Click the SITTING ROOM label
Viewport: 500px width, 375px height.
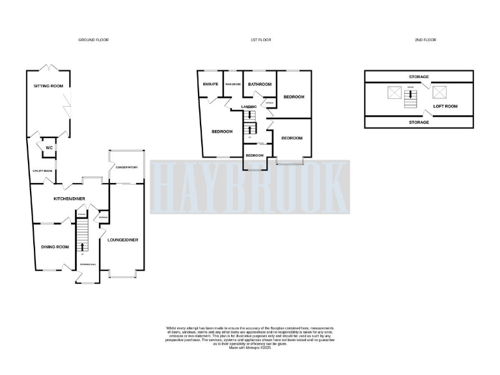(49, 86)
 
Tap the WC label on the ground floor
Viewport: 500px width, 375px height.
(49, 148)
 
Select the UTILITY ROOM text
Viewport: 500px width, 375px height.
(42, 171)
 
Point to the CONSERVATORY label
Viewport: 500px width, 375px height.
(126, 167)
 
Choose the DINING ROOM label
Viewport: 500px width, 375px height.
(55, 247)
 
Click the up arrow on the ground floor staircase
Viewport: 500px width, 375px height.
(82, 246)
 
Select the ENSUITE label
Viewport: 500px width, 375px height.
(210, 84)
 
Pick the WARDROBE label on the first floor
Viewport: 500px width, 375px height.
(232, 85)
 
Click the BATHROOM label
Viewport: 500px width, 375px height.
(260, 84)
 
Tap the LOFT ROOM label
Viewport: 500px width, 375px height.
(446, 105)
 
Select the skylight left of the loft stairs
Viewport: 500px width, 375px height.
(395, 92)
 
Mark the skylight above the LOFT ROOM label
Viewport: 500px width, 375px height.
(439, 92)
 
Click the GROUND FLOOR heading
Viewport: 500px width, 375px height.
(94, 40)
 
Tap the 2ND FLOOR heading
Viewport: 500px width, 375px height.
(425, 40)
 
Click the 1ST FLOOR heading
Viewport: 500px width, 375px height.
(261, 40)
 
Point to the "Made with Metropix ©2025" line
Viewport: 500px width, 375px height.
(249, 348)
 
